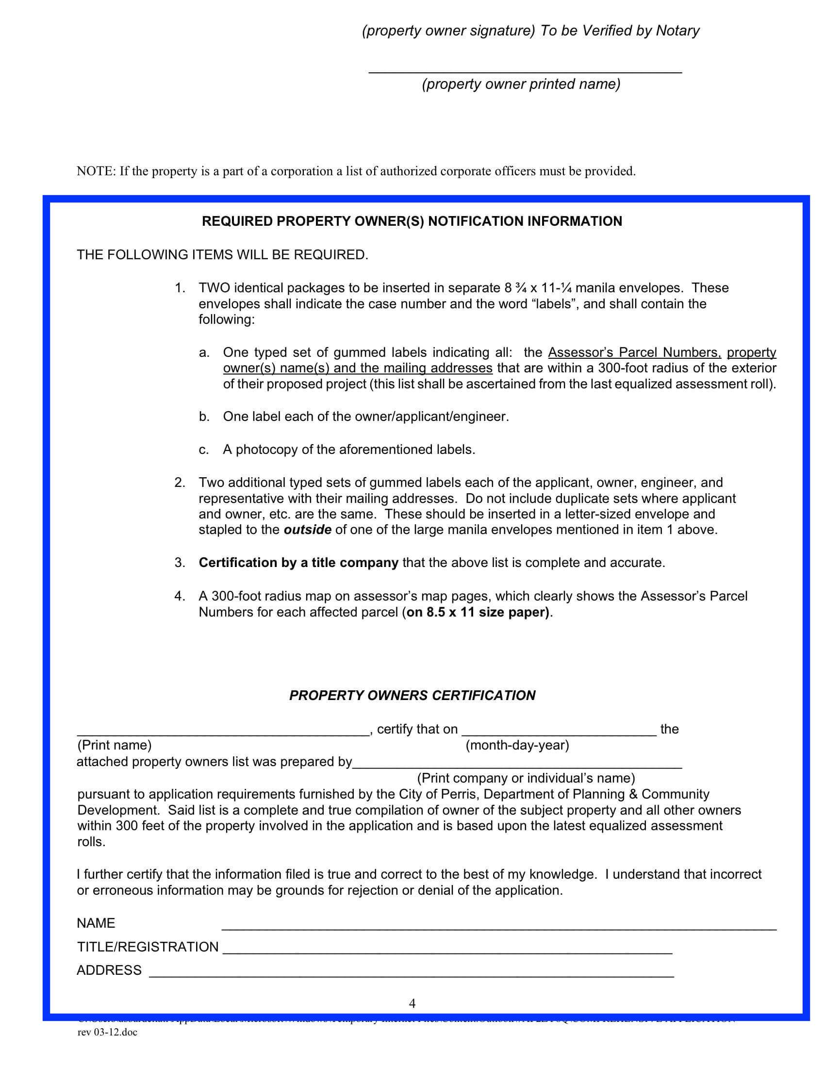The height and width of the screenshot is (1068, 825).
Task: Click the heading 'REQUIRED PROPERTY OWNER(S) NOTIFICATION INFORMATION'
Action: click(x=412, y=221)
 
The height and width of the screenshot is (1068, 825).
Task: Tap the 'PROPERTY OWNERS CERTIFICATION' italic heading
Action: click(x=412, y=695)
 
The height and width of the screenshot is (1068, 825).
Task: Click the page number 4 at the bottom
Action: click(x=412, y=1003)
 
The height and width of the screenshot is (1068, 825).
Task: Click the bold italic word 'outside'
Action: click(x=307, y=530)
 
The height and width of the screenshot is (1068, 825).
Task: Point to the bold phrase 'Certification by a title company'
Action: click(x=298, y=562)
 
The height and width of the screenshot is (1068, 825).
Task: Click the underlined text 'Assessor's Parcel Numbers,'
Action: click(x=634, y=352)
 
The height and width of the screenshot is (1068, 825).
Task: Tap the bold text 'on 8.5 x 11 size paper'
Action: click(x=478, y=612)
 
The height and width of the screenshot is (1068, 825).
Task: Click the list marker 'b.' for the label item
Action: click(x=204, y=417)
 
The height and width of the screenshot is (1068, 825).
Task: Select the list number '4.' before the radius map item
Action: click(x=180, y=596)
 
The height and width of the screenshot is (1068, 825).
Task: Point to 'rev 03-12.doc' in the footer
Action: click(x=108, y=1032)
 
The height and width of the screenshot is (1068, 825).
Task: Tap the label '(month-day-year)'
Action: click(x=517, y=745)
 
